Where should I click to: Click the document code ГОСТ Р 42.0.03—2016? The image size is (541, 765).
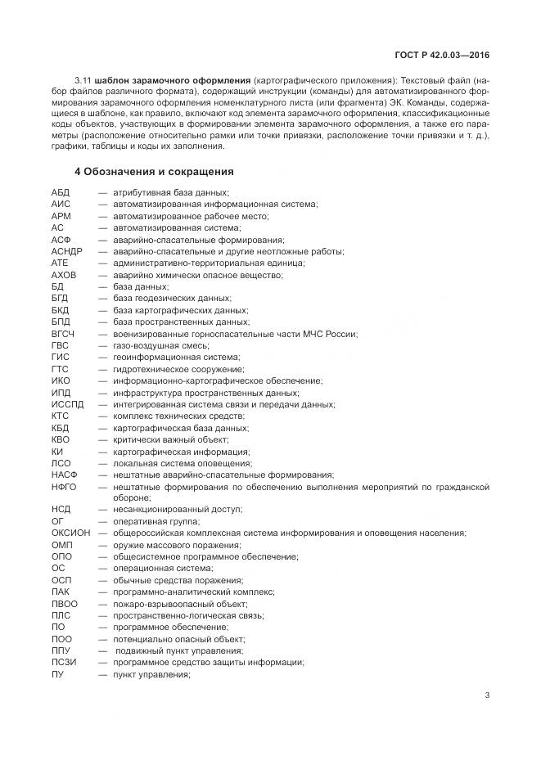point(442,56)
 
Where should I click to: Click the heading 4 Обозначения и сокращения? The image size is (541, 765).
point(154,172)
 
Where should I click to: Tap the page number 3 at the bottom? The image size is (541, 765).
point(487,696)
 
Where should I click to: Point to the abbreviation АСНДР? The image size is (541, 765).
point(67,251)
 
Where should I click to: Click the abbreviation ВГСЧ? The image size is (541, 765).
point(64,334)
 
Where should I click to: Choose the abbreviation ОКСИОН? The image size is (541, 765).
point(71,533)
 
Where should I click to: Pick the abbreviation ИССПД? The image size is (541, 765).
point(67,404)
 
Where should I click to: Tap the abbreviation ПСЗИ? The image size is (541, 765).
point(64,663)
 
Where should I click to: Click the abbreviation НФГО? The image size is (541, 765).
point(64,487)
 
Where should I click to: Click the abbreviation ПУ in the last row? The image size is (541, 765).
point(57,674)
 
